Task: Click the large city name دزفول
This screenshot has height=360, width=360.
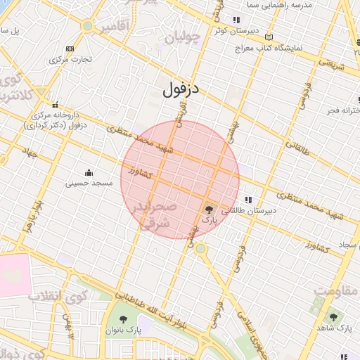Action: (x=181, y=90)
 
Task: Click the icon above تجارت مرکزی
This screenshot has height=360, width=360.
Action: (x=69, y=49)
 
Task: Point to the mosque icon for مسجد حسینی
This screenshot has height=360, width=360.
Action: (x=89, y=172)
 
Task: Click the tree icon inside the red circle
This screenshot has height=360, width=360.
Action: (x=209, y=209)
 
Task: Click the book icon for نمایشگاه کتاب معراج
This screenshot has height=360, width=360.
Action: (x=269, y=37)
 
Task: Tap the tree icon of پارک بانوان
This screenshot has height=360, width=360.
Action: (x=124, y=321)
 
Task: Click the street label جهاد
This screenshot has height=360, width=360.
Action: (x=30, y=153)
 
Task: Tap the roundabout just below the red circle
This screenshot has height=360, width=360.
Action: (x=200, y=248)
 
